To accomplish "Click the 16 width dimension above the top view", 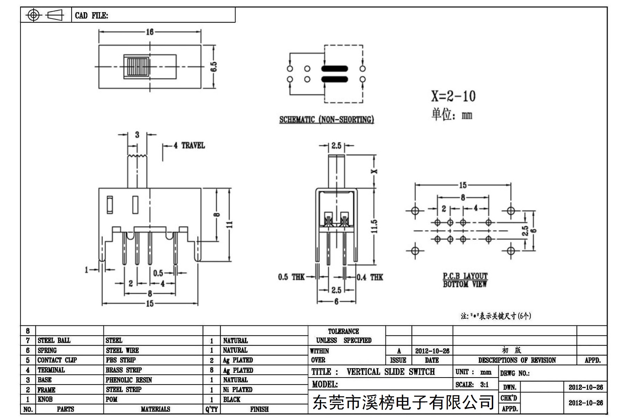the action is (x=150, y=32).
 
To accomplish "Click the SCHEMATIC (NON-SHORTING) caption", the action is (x=326, y=120).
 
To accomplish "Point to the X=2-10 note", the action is (x=453, y=96).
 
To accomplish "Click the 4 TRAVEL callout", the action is (x=189, y=145).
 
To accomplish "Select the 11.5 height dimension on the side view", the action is (x=374, y=226).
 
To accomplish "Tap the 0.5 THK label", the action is (x=291, y=277).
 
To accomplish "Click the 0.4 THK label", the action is (x=370, y=277).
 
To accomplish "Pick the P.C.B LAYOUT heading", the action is (x=465, y=276).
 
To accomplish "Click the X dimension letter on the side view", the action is (x=375, y=171).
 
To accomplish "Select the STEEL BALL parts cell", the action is (x=54, y=340).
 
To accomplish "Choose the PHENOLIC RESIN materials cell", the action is (x=129, y=380).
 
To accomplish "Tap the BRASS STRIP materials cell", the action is (x=124, y=370).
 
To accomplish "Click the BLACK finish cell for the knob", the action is (x=232, y=399).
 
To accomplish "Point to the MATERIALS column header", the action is (x=155, y=409).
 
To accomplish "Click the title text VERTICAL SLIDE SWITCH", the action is (x=390, y=372).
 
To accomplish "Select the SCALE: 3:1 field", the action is (x=472, y=385).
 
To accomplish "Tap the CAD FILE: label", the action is (x=91, y=15).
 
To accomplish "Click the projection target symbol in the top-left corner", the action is (x=33, y=15).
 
